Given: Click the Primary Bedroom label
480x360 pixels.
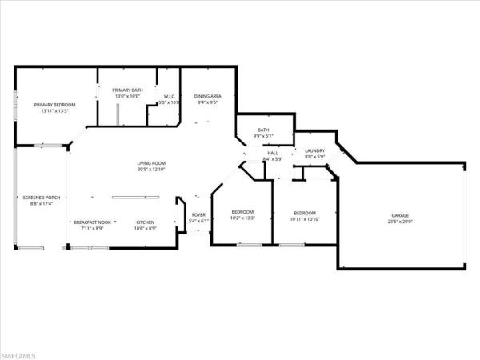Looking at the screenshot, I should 54,105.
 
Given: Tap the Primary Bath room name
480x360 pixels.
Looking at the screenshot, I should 127,90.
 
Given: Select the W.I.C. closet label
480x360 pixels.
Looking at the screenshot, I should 169,97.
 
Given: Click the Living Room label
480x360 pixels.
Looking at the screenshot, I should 150,163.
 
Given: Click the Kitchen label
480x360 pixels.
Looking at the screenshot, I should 145,222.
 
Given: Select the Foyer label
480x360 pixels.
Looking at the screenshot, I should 198,214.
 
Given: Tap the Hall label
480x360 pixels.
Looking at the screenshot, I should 273,153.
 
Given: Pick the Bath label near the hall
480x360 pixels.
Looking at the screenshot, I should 263,130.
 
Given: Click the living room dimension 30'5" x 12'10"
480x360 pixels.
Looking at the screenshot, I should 150,170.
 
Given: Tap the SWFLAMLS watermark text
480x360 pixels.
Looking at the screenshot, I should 24,353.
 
